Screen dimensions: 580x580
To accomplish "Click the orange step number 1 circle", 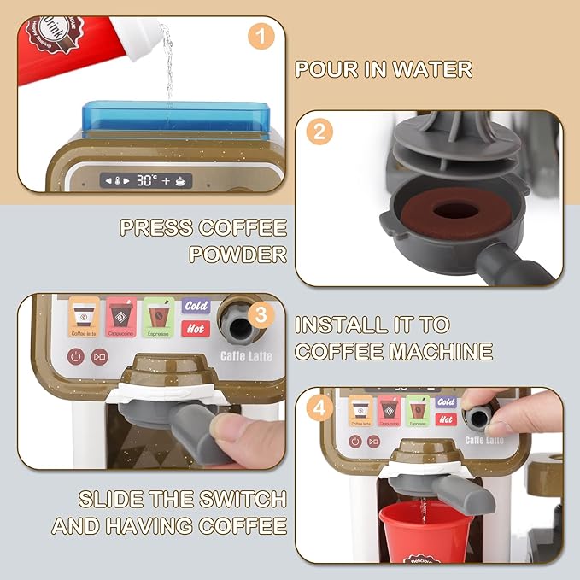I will [x=262, y=37].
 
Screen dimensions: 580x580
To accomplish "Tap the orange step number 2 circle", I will [x=318, y=132].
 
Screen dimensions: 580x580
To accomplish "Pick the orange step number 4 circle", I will [x=318, y=409].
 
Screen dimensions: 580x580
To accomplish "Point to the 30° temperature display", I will [x=147, y=180].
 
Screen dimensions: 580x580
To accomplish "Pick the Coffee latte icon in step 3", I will [x=84, y=316].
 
